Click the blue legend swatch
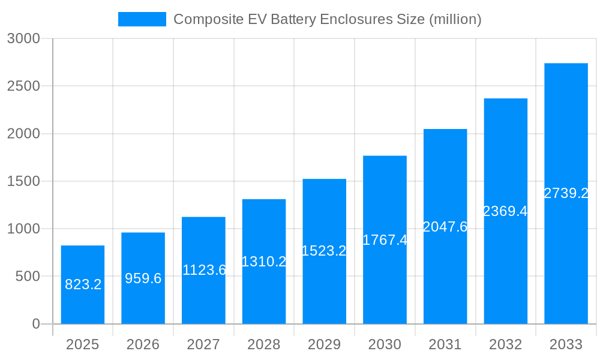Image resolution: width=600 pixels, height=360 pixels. [142, 19]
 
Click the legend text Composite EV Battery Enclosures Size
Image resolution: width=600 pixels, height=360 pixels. [327, 19]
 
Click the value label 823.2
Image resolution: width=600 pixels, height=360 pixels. [83, 284]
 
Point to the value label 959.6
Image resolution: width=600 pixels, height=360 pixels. [143, 278]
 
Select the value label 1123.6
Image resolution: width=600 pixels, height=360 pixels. [204, 270]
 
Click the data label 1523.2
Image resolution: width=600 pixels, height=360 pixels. [324, 251]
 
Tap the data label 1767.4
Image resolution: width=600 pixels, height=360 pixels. [385, 240]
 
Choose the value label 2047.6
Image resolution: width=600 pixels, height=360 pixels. [445, 227]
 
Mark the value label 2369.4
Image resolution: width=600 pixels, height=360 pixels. [505, 211]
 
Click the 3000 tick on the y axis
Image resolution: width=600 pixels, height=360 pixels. [23, 38]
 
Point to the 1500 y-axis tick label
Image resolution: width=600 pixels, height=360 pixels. [23, 181]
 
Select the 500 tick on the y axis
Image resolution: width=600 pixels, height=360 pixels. [27, 277]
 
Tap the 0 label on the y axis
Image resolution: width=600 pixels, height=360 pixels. [35, 324]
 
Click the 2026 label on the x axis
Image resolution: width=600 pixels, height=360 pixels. [143, 344]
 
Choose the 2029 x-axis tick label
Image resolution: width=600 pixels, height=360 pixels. [324, 344]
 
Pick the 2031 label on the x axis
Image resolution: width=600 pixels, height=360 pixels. [445, 344]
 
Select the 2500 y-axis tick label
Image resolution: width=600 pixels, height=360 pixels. [23, 86]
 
